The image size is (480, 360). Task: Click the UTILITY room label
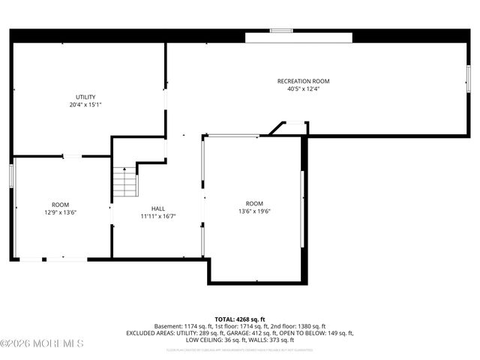85,97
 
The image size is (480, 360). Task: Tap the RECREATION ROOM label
303,81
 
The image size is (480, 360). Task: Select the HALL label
158,209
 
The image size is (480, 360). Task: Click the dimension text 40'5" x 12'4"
303,88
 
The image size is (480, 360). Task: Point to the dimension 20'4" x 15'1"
85,105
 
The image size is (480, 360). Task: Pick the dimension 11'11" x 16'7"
158,217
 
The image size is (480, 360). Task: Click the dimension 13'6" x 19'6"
254,211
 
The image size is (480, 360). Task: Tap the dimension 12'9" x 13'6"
60,212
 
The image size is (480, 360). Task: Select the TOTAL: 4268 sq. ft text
240,319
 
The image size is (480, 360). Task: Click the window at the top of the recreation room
281,31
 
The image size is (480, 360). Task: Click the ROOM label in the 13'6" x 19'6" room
254,204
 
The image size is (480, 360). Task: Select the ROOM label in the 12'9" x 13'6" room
60,205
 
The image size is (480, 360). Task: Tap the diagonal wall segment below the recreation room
276,129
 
